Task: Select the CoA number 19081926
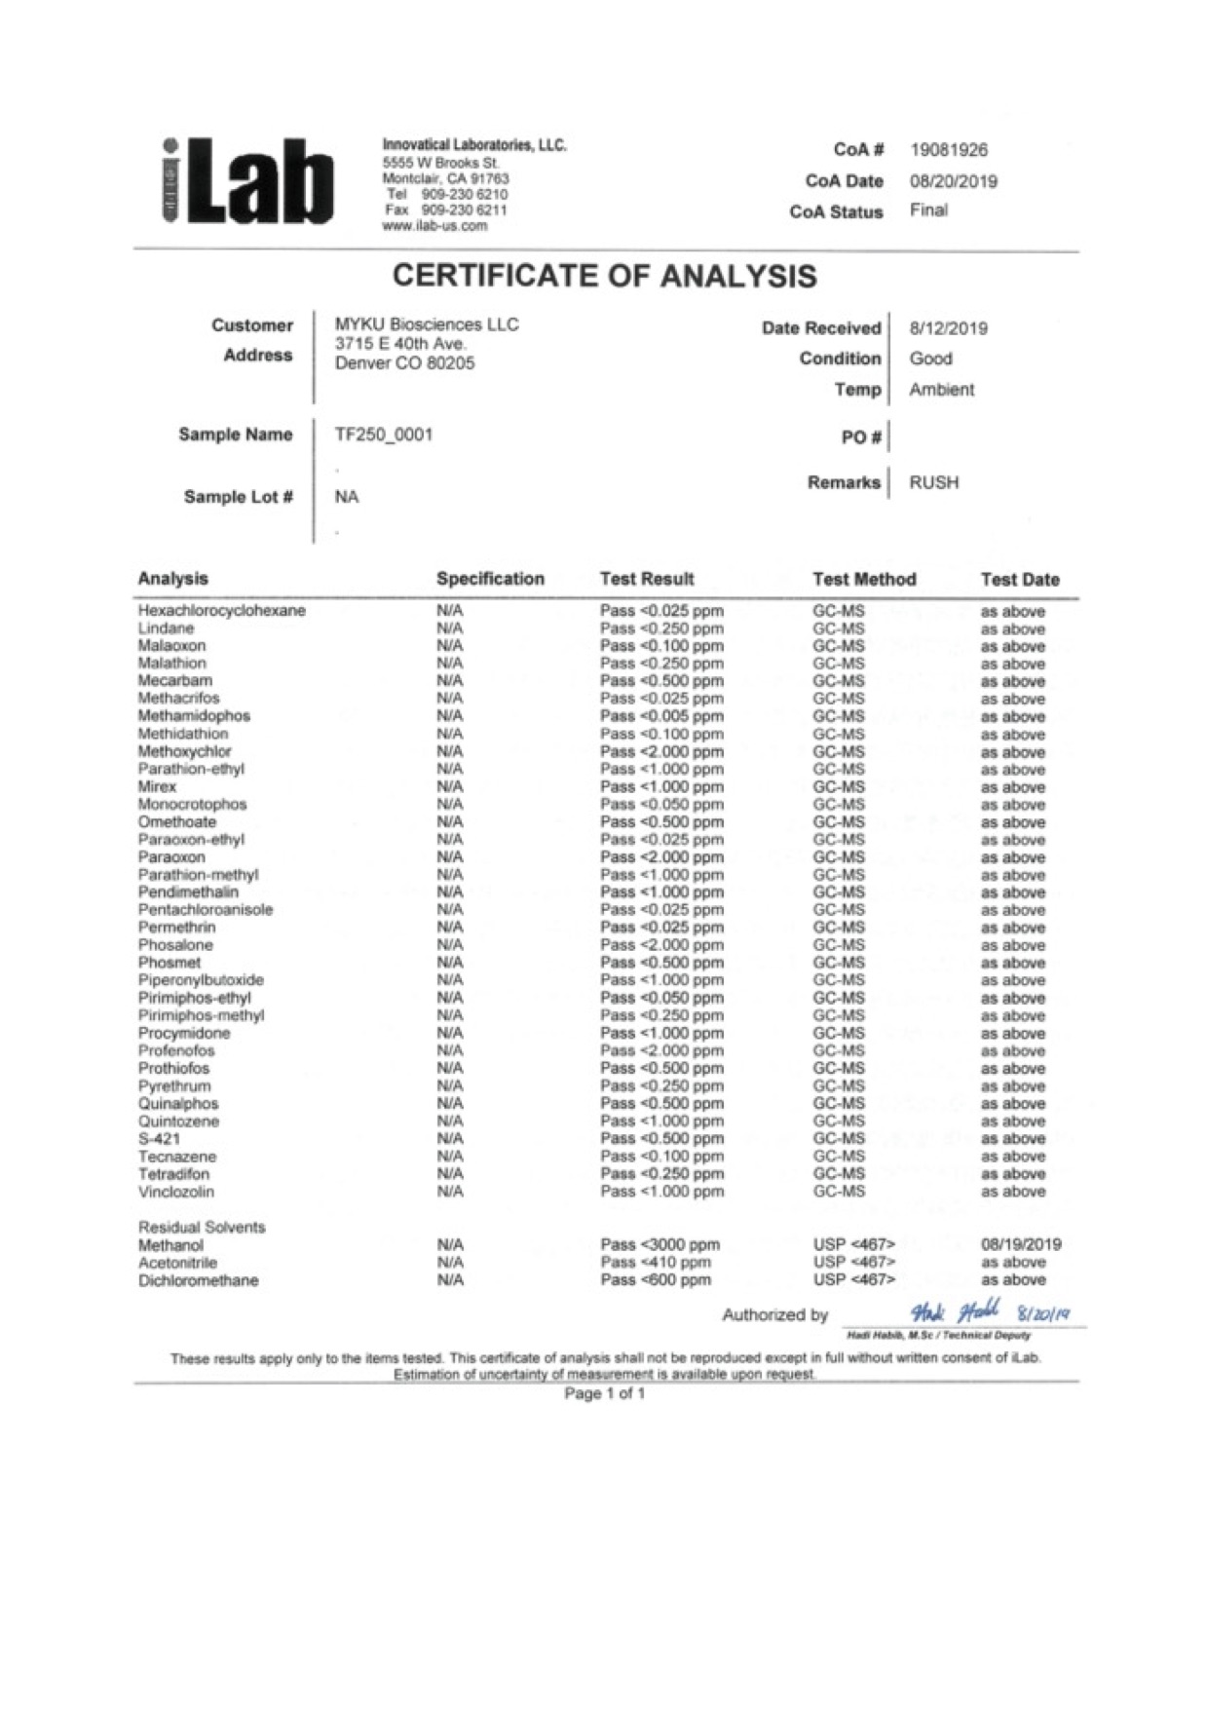tap(948, 150)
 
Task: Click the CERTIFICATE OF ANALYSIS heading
tap(604, 277)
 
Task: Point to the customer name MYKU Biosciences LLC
tap(427, 324)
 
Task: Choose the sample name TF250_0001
tap(383, 435)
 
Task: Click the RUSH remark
tap(933, 482)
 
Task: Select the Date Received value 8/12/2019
tap(948, 328)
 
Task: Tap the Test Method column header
tap(864, 579)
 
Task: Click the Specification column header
tap(490, 579)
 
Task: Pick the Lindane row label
tap(166, 628)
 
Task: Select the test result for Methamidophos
tap(661, 716)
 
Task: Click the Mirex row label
tap(157, 786)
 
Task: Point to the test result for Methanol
tap(660, 1244)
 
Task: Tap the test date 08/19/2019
tap(1020, 1244)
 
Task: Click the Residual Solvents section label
tap(202, 1227)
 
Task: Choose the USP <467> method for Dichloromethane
tap(853, 1279)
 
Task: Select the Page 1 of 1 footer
tap(604, 1393)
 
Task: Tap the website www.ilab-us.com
tap(434, 226)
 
